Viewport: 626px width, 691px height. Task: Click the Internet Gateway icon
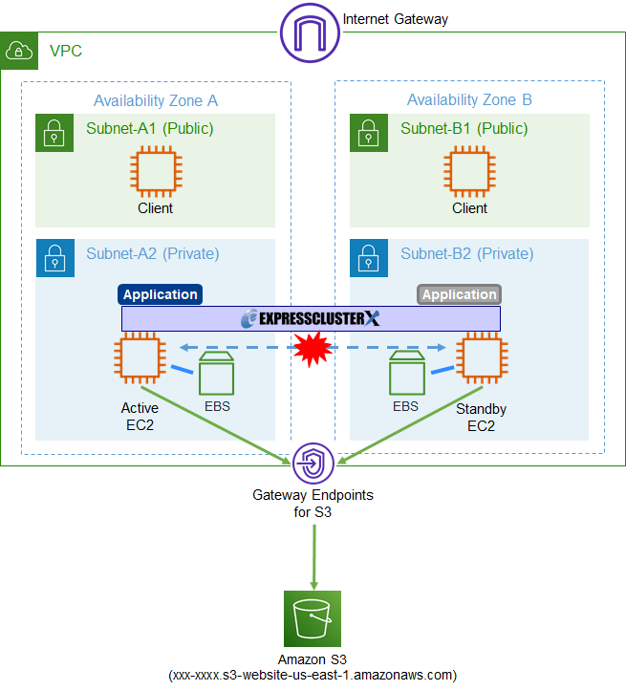(310, 34)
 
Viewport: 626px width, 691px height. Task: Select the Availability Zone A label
(156, 100)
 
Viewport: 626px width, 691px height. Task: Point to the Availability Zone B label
(469, 100)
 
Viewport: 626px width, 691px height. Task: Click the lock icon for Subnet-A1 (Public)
(54, 133)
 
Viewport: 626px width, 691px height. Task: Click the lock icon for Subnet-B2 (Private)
(369, 258)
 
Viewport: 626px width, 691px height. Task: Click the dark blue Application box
(160, 294)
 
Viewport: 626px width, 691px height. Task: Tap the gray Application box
(459, 294)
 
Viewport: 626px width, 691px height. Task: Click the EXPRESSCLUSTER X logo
(311, 318)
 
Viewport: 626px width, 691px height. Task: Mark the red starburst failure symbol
(312, 349)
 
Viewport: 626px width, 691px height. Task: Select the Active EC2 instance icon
(140, 359)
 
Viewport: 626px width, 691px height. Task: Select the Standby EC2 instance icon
(481, 359)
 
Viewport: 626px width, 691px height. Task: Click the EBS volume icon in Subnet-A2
(217, 373)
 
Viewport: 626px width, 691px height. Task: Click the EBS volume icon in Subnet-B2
(406, 373)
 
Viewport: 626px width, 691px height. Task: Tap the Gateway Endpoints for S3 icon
(312, 464)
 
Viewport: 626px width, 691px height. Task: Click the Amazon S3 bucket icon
(312, 618)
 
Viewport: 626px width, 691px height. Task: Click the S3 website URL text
(312, 675)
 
